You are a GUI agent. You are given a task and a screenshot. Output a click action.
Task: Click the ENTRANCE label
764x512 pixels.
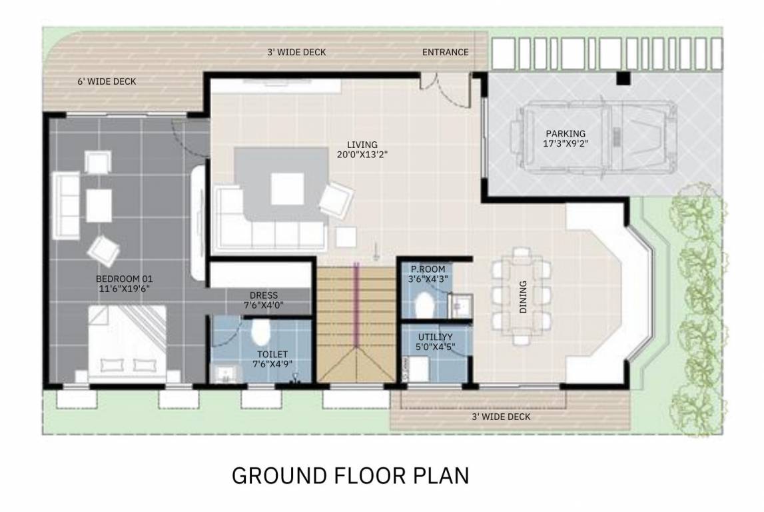coord(445,52)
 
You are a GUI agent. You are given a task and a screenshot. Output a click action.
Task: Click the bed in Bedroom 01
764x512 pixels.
coord(127,343)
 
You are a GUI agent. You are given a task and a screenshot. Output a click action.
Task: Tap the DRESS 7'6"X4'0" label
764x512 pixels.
coord(264,300)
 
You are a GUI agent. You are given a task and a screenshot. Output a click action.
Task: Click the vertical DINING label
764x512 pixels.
coord(522,297)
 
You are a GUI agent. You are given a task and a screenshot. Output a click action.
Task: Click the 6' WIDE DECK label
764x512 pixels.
coord(107,81)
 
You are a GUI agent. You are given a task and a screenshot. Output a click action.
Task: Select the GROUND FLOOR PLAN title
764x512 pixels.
coord(350,476)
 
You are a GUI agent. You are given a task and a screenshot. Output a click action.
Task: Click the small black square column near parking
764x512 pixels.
coord(623,79)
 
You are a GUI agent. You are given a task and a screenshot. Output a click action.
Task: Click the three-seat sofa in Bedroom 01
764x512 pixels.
coord(67,205)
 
